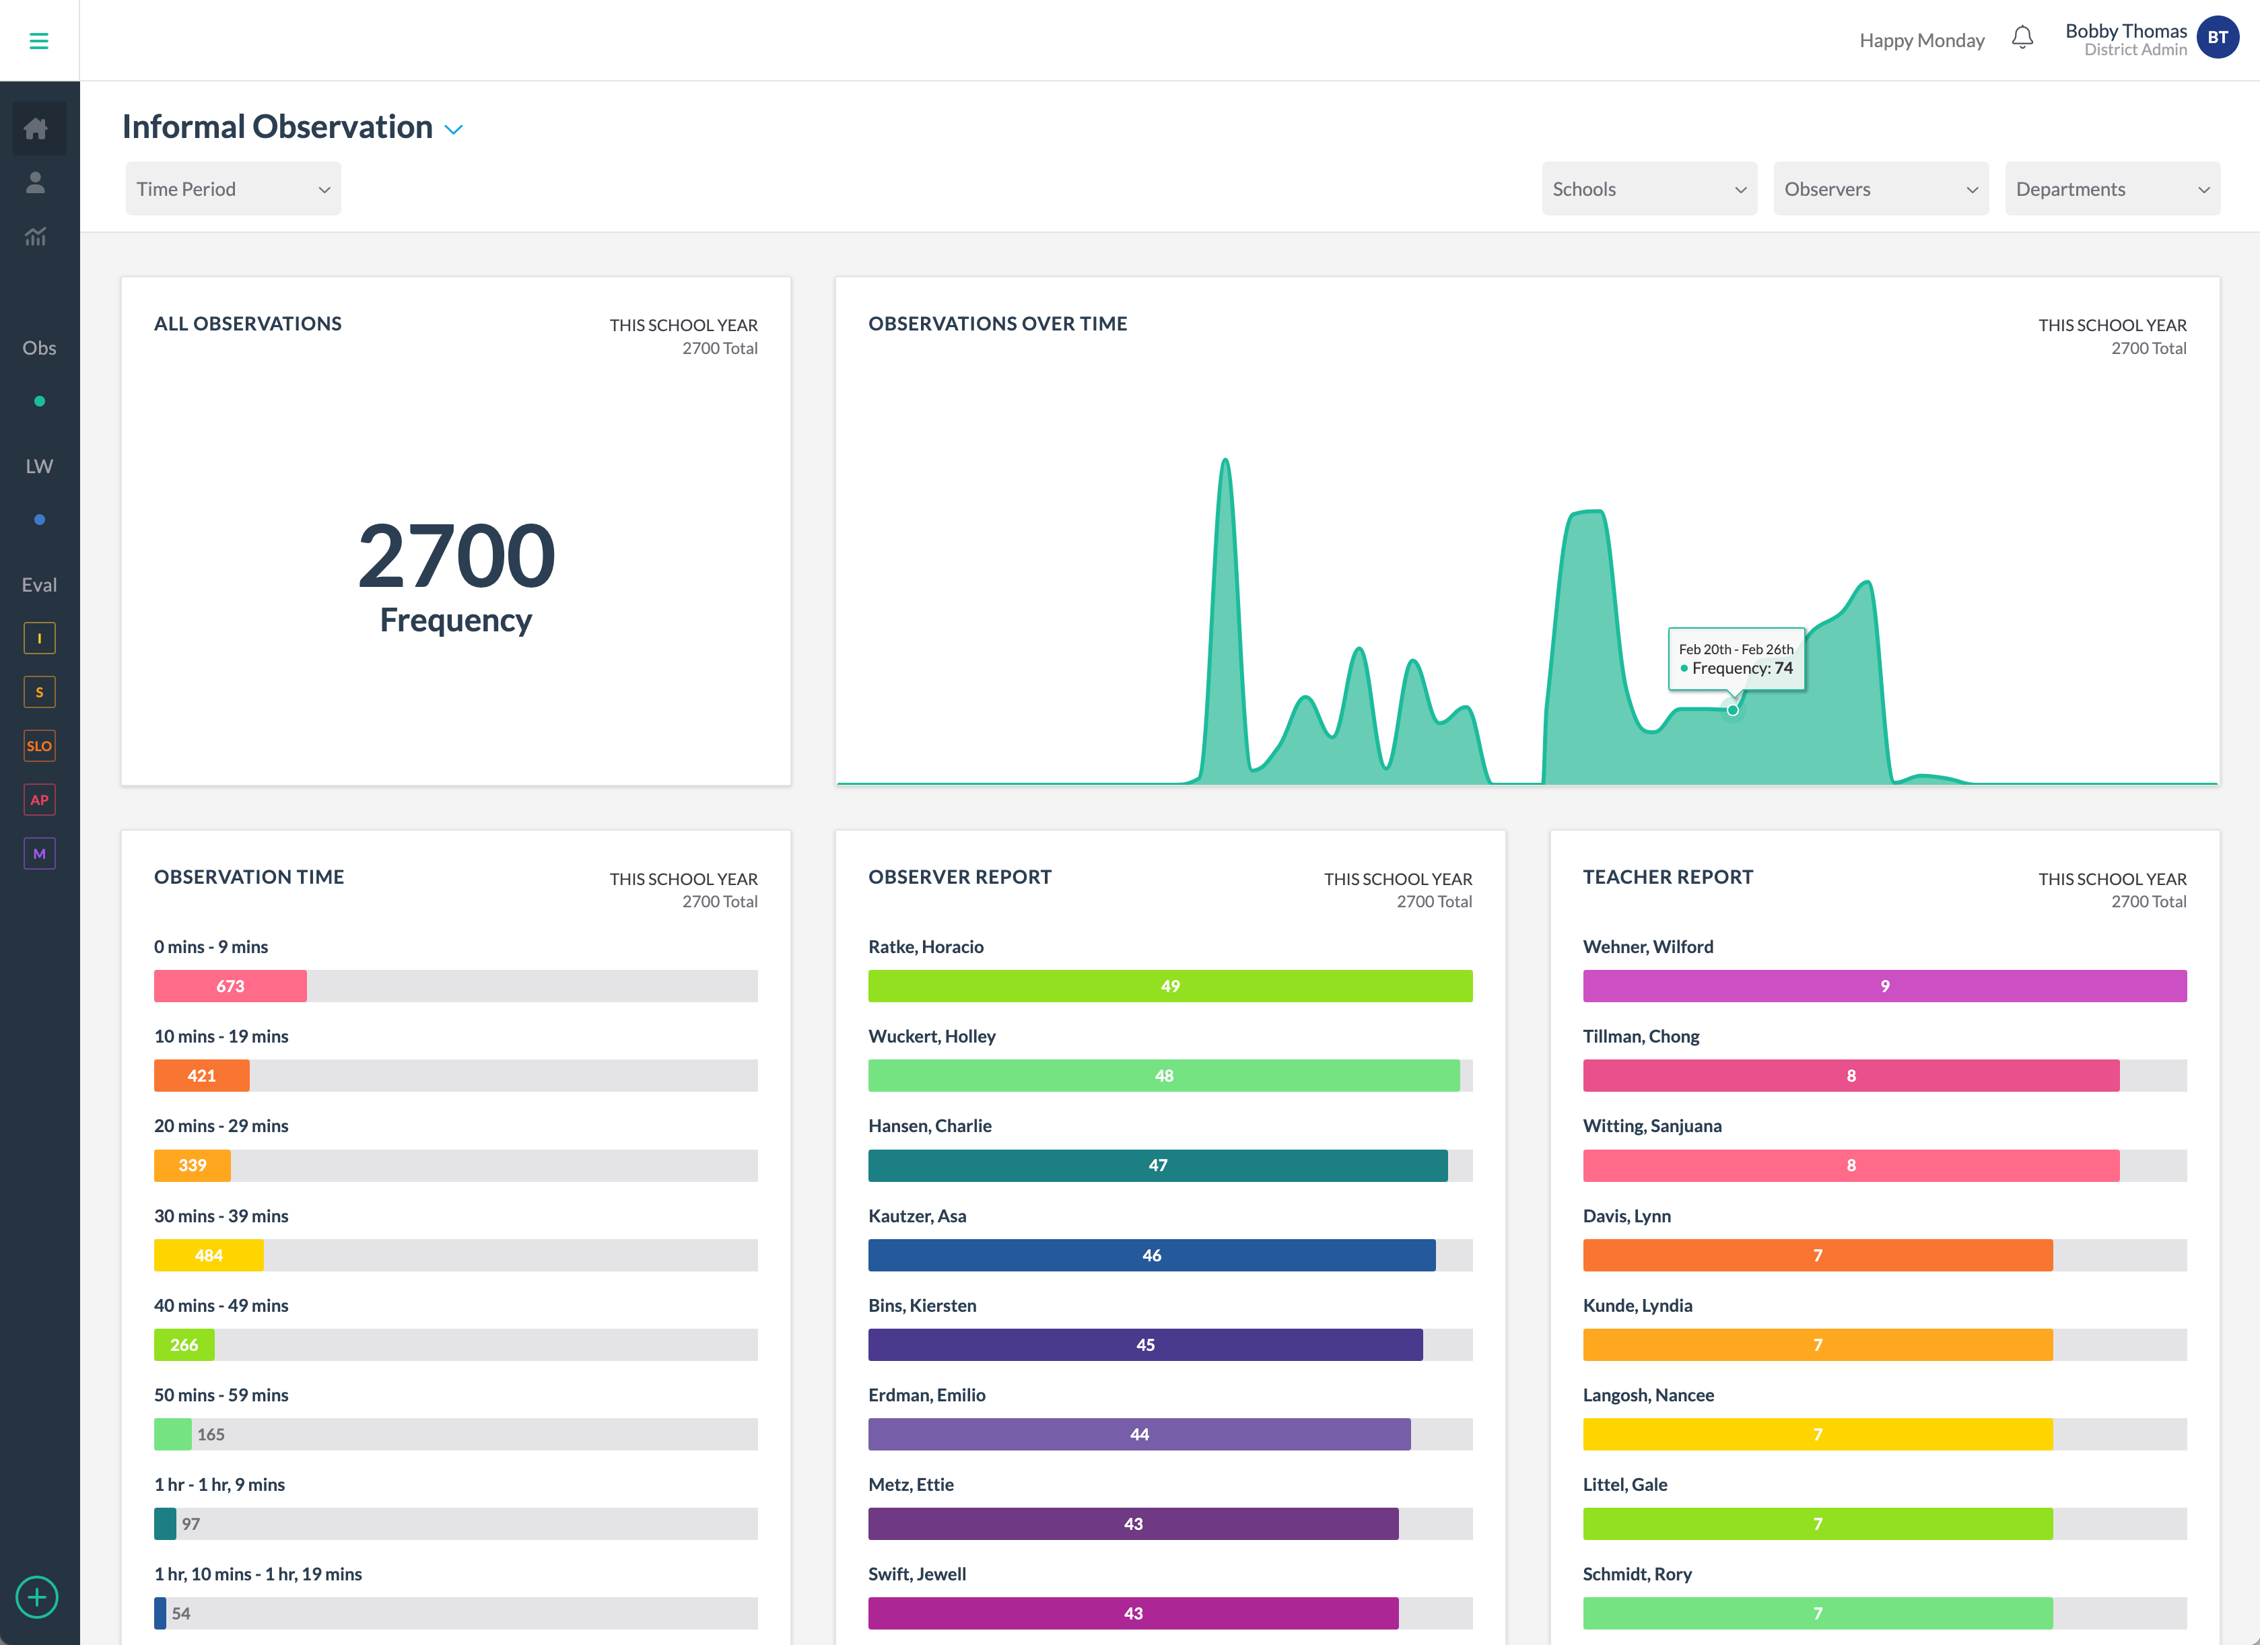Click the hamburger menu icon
(39, 41)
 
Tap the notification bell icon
(2021, 38)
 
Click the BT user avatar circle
(2216, 38)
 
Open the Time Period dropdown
(232, 189)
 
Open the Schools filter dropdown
(1648, 189)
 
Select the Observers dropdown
(1880, 189)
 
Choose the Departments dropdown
(2111, 189)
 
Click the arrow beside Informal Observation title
(453, 129)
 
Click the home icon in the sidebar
(37, 129)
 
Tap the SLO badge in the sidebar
(39, 745)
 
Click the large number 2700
(455, 556)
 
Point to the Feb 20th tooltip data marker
(1733, 709)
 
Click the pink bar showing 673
(230, 985)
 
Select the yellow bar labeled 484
(208, 1255)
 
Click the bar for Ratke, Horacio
(1170, 985)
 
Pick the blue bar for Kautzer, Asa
(1151, 1255)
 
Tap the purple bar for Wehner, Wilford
(1884, 985)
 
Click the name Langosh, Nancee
(1648, 1395)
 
